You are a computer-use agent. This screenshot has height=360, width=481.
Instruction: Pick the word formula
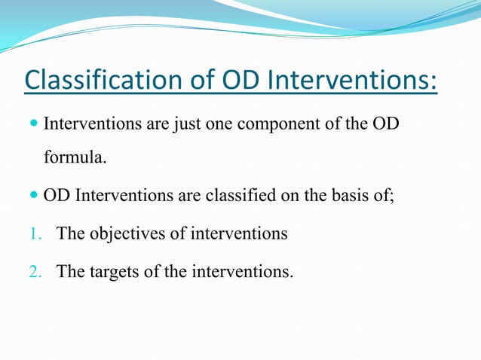coord(75,159)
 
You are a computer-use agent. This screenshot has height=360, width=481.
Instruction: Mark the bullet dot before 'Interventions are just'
coord(34,124)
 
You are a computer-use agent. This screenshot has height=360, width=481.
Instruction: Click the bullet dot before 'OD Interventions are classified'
coord(34,197)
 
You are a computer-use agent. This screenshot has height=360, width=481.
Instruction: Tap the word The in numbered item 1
coord(71,234)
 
